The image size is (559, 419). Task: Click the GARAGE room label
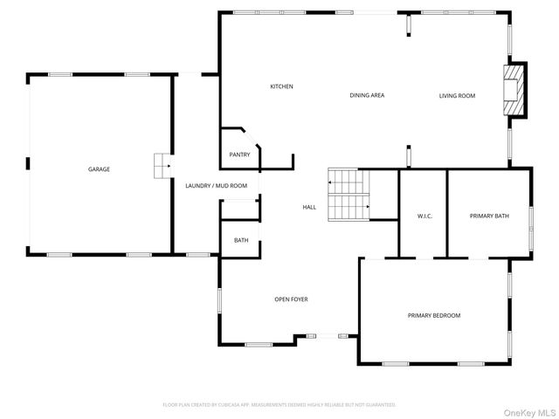coord(99,168)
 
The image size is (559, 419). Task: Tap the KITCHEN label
coord(281,86)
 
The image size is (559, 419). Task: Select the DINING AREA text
coord(367,95)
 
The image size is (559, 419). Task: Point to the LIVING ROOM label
coord(457,95)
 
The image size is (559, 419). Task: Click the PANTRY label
coord(239,155)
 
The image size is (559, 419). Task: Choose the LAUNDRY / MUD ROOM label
coord(216,185)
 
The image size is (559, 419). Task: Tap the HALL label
coord(309,207)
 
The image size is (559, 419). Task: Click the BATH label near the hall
coord(240,240)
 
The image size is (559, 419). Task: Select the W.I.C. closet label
coord(424,216)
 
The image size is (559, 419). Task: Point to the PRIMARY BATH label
coord(489,216)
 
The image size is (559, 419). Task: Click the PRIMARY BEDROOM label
coord(433,315)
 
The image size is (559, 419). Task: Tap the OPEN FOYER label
coord(291,299)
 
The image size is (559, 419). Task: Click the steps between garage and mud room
coord(161,166)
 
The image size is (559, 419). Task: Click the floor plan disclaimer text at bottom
coord(279,404)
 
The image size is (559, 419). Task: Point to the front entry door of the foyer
coord(328,335)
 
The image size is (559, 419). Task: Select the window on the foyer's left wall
coord(219,300)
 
